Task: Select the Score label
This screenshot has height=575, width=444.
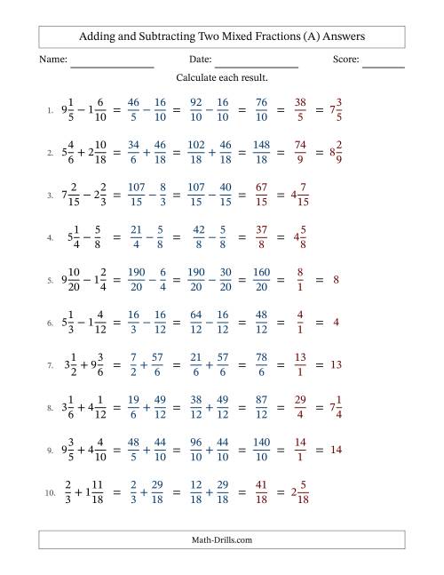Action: click(346, 60)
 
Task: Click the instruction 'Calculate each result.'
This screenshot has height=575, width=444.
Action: click(222, 78)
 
